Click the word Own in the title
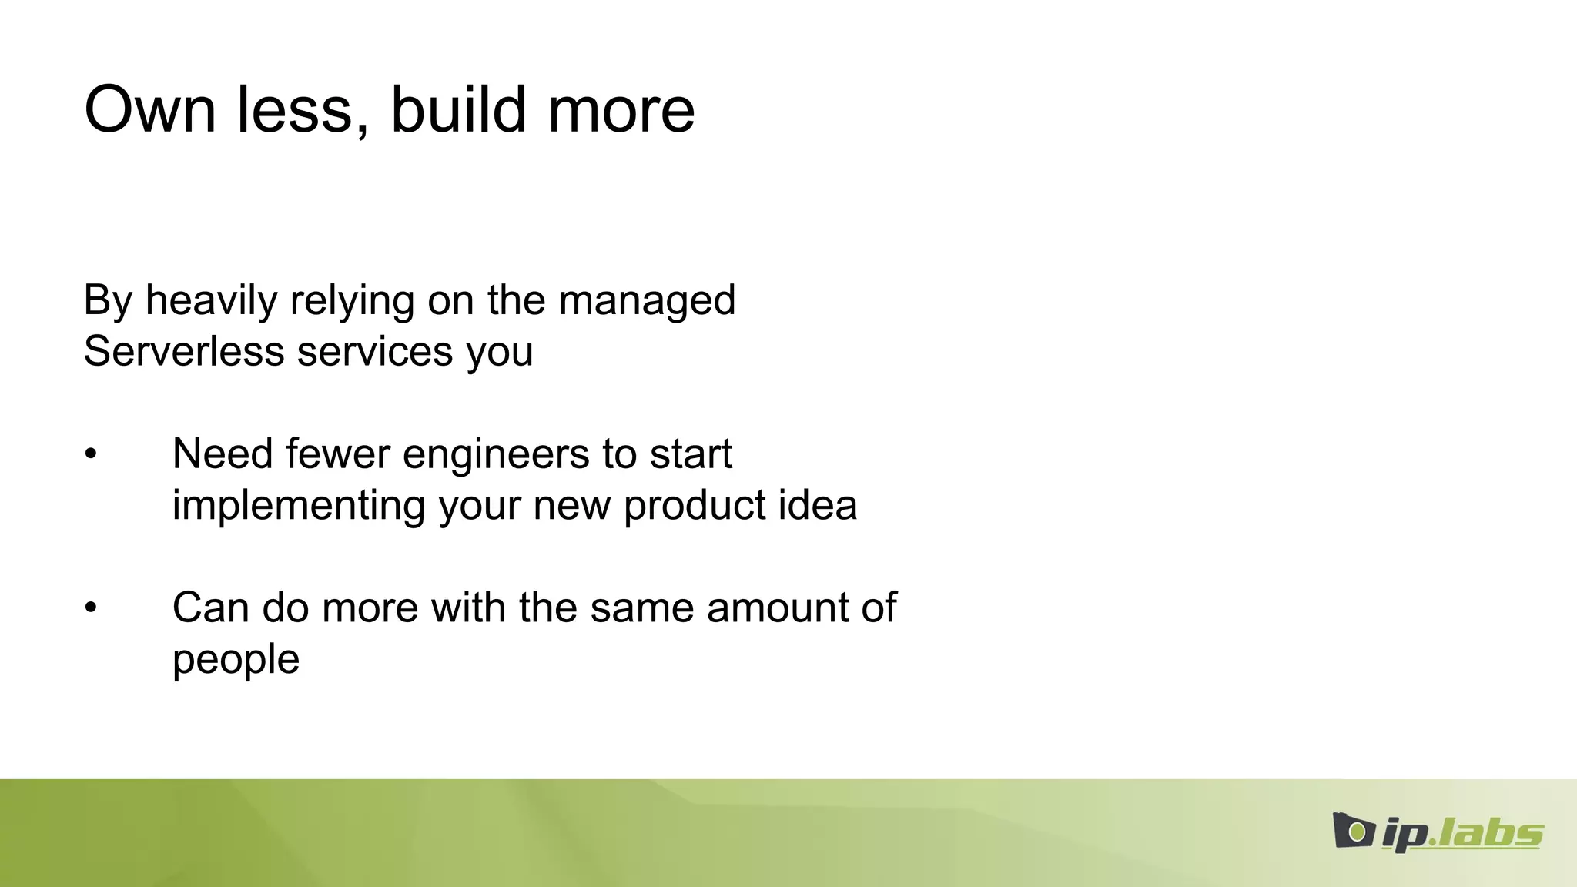coord(150,110)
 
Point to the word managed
coord(647,302)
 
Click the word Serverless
coord(184,352)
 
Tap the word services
coord(375,352)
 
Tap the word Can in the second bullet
coord(210,608)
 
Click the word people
coord(236,661)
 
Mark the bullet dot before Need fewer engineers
coord(91,454)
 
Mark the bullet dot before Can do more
coord(91,608)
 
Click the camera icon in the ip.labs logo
coord(1353,831)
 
